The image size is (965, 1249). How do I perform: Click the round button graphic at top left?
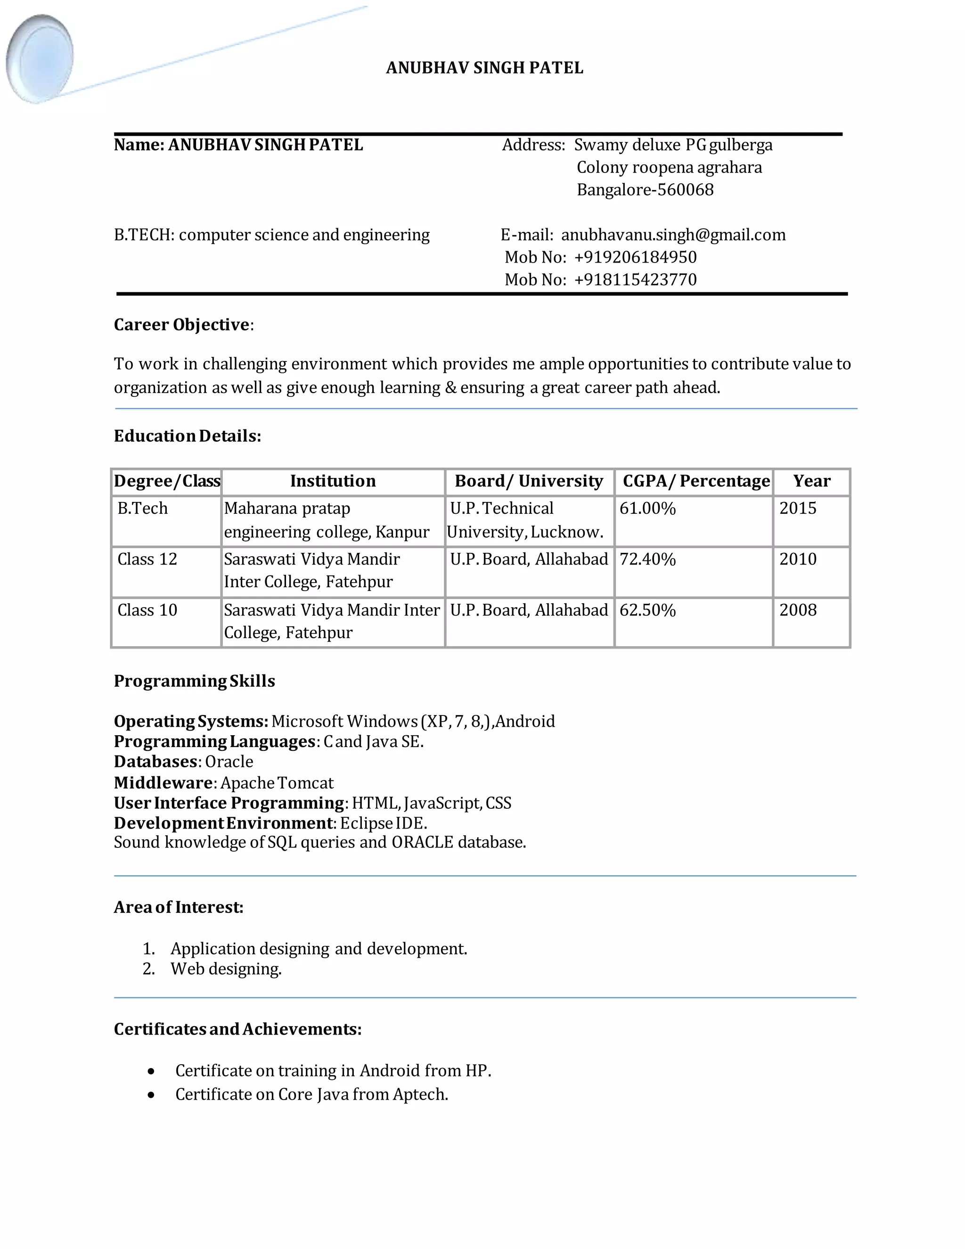(x=40, y=59)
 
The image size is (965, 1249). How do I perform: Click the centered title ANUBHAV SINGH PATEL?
(x=484, y=68)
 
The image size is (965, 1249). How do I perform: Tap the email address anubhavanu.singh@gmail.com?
(x=673, y=235)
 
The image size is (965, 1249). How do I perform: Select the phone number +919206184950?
(x=635, y=257)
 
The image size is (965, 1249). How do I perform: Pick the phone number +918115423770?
(x=635, y=279)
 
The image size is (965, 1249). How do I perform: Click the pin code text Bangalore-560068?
(x=645, y=190)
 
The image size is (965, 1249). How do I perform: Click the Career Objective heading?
(x=182, y=325)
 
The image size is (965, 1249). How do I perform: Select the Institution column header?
(x=333, y=481)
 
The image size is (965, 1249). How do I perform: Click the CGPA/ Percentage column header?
(x=696, y=481)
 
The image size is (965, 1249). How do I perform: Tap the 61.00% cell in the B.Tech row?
(x=647, y=509)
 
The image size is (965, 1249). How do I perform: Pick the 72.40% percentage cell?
(x=647, y=559)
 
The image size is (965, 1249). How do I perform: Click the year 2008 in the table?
(x=798, y=610)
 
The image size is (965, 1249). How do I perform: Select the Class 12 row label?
(x=147, y=559)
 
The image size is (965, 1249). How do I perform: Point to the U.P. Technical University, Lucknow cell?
(x=525, y=520)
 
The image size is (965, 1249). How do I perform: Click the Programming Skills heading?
(x=195, y=681)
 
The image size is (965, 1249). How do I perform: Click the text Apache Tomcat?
(x=277, y=783)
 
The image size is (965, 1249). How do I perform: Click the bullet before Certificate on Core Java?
(x=151, y=1095)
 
